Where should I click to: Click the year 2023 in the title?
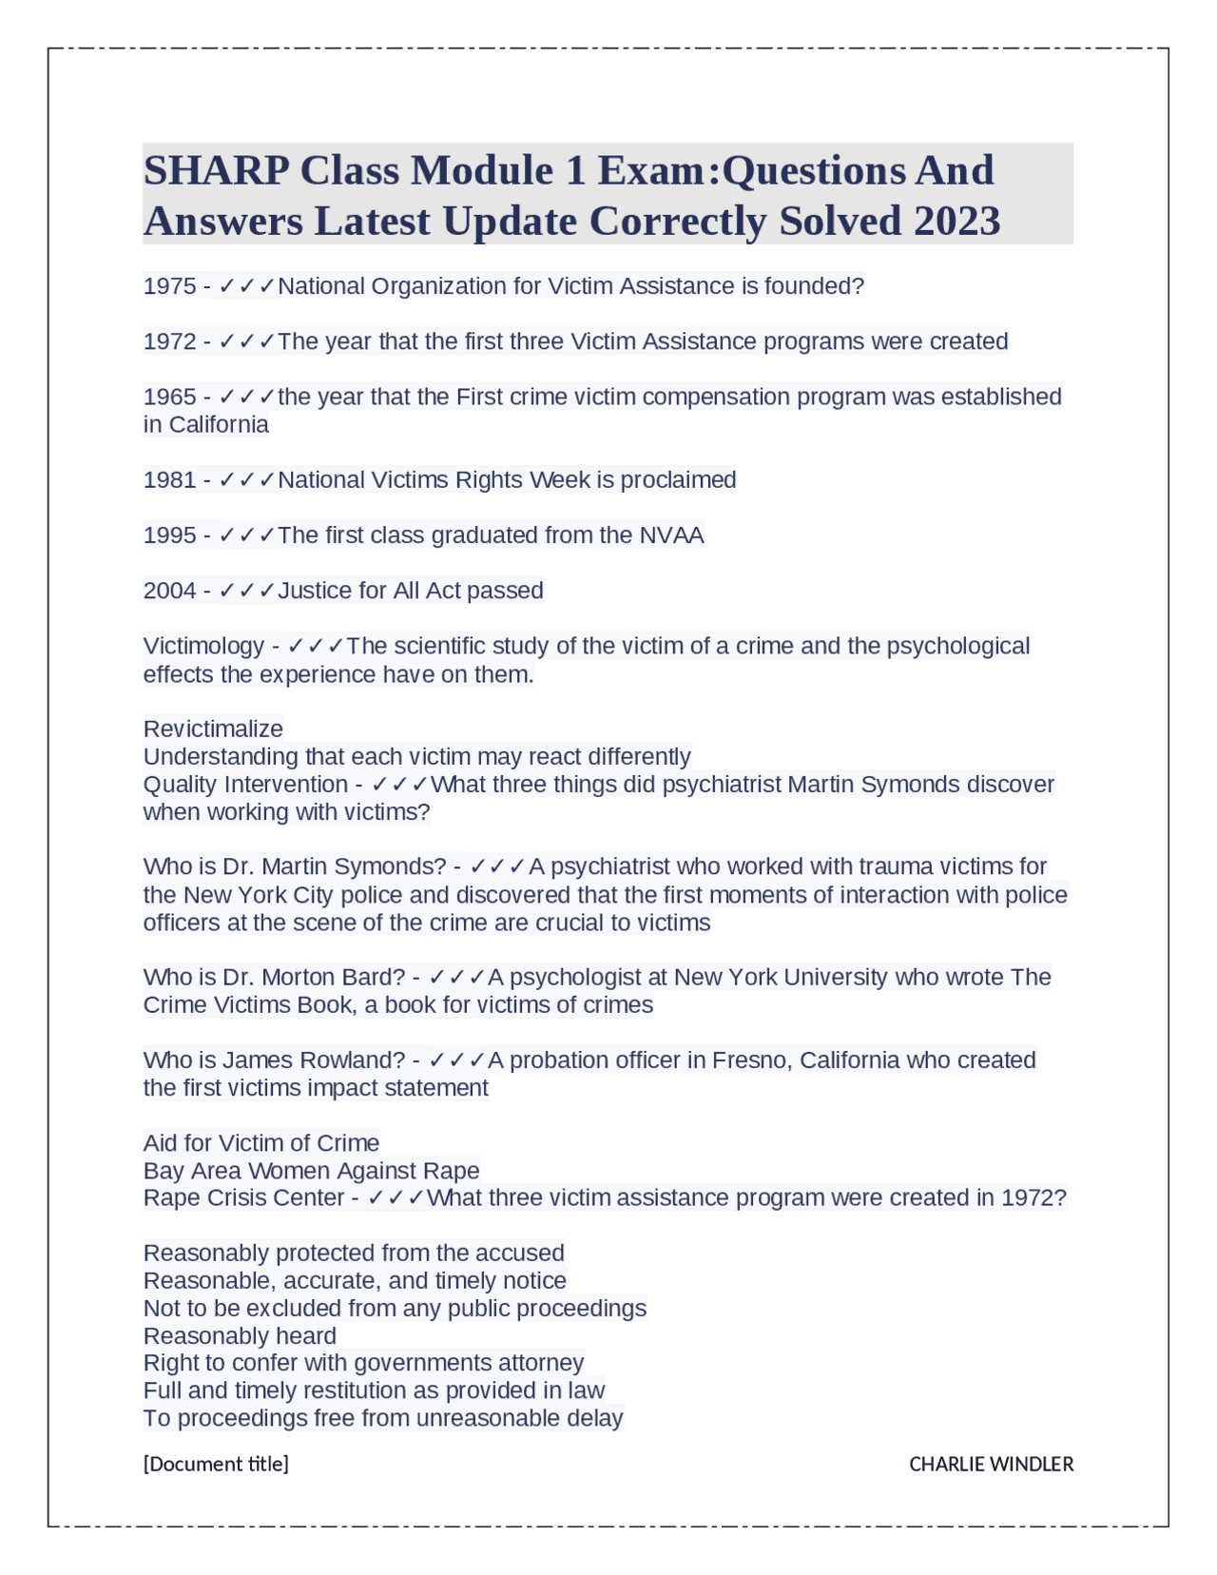956,222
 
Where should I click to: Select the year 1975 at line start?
169,286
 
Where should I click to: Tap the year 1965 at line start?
169,397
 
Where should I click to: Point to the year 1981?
169,480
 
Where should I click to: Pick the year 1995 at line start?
169,535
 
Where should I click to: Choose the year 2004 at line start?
169,591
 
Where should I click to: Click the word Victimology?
203,647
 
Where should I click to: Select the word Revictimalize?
213,729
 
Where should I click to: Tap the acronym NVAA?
671,535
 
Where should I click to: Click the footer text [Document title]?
216,1465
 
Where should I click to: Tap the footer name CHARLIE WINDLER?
991,1465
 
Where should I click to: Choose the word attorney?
541,1364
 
